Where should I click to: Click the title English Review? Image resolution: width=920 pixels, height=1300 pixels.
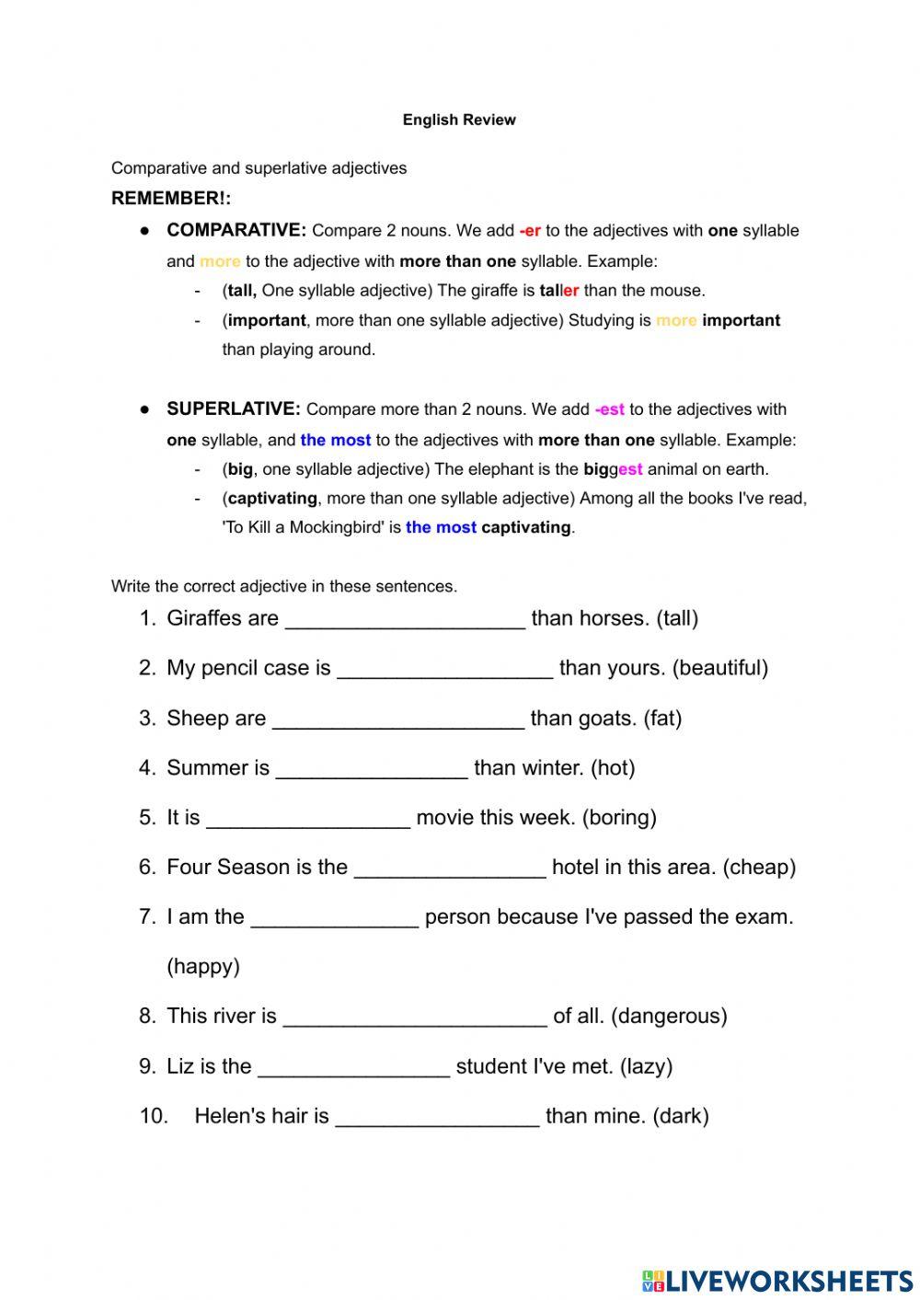pos(459,120)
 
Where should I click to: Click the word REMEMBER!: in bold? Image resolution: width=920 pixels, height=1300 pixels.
pos(171,198)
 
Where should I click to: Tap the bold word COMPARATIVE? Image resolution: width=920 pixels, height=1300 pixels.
pos(236,230)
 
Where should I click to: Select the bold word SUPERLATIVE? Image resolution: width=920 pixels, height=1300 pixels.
pos(234,408)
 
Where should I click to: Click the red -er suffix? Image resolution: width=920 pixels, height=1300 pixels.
pos(530,231)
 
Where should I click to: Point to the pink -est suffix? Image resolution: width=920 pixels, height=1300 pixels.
pos(609,409)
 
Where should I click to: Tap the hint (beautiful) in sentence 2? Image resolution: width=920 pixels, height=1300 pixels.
pos(720,668)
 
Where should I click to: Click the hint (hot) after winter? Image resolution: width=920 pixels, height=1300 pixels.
pos(613,768)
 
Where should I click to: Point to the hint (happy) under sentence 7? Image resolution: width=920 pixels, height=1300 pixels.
pos(203,966)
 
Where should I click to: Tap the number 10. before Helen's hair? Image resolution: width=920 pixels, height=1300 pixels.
pos(154,1116)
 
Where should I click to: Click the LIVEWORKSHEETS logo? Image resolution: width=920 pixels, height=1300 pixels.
pos(777,1281)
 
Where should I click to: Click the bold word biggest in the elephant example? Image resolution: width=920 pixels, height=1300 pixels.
pos(613,469)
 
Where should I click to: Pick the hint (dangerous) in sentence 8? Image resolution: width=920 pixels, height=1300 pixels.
pos(669,1016)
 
